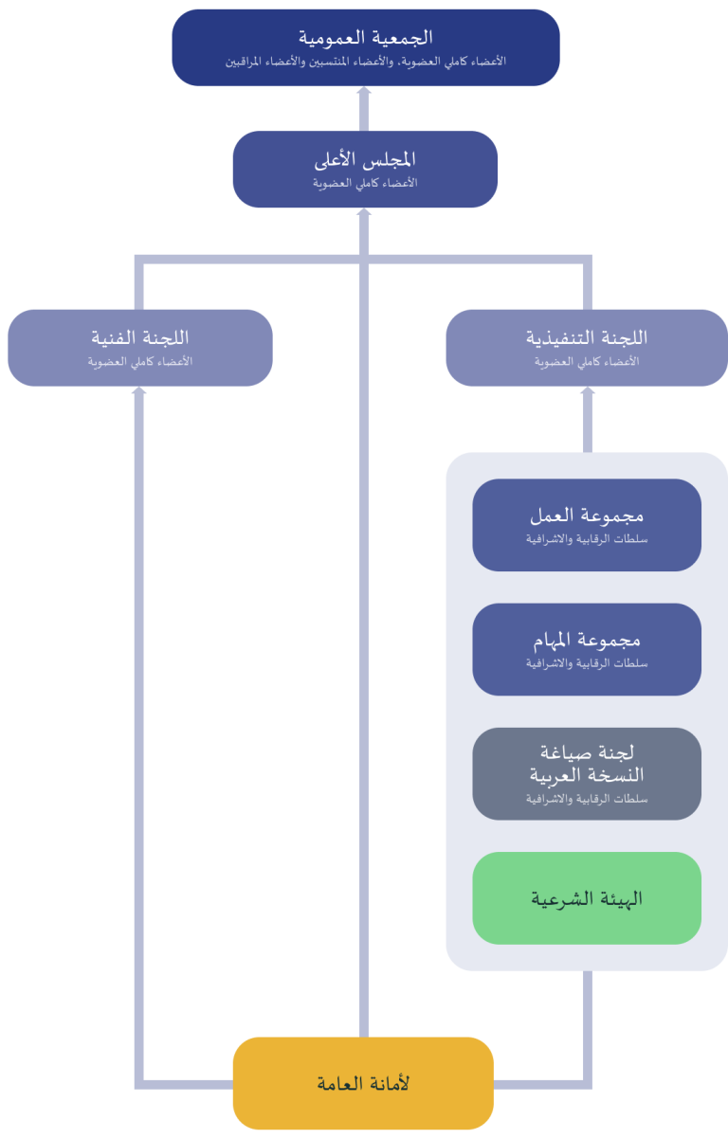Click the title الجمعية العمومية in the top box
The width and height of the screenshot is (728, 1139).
[365, 38]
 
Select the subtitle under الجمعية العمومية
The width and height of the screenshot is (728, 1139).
[365, 62]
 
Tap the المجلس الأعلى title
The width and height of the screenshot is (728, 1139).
[365, 159]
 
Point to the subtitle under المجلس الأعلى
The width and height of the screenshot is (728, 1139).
[365, 183]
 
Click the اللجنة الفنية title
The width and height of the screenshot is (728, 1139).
[140, 337]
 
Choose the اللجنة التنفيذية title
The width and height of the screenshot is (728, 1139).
[587, 337]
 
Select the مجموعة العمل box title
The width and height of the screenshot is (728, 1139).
[587, 515]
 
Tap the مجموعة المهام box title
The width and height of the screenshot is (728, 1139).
[587, 641]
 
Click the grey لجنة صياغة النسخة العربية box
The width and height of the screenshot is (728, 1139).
[587, 773]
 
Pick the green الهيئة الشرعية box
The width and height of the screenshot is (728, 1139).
[587, 898]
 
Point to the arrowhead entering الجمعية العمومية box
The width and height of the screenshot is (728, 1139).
[364, 91]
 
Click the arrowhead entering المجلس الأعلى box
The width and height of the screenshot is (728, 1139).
[364, 212]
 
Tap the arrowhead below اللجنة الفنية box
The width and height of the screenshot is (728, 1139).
[139, 390]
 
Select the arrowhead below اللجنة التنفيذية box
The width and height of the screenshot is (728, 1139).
[588, 390]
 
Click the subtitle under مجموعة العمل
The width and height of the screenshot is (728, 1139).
[587, 539]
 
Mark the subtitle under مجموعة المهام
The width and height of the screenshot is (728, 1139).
[587, 663]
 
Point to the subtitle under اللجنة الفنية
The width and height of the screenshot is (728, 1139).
[140, 362]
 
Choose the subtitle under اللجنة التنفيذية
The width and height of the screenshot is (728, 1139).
[587, 362]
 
